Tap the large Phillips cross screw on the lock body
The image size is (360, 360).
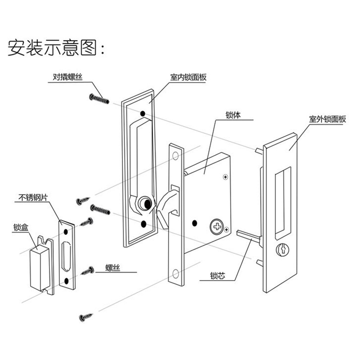pyautogui.click(x=216, y=225)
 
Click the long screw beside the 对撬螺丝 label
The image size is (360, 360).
pyautogui.click(x=99, y=99)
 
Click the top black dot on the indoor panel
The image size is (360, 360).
pyautogui.click(x=143, y=114)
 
